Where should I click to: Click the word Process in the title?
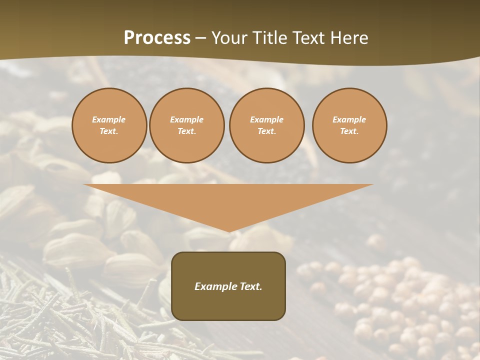157,38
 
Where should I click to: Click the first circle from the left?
109,125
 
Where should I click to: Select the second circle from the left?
187,125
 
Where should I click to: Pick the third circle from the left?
267,125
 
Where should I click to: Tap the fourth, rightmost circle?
349,125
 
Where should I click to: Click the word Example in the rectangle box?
214,286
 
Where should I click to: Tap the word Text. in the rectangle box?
249,286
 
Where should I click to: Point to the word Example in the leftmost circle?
109,119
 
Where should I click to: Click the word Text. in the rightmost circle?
349,131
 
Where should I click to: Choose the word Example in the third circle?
267,119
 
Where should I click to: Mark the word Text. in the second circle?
187,131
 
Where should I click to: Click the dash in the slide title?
200,38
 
